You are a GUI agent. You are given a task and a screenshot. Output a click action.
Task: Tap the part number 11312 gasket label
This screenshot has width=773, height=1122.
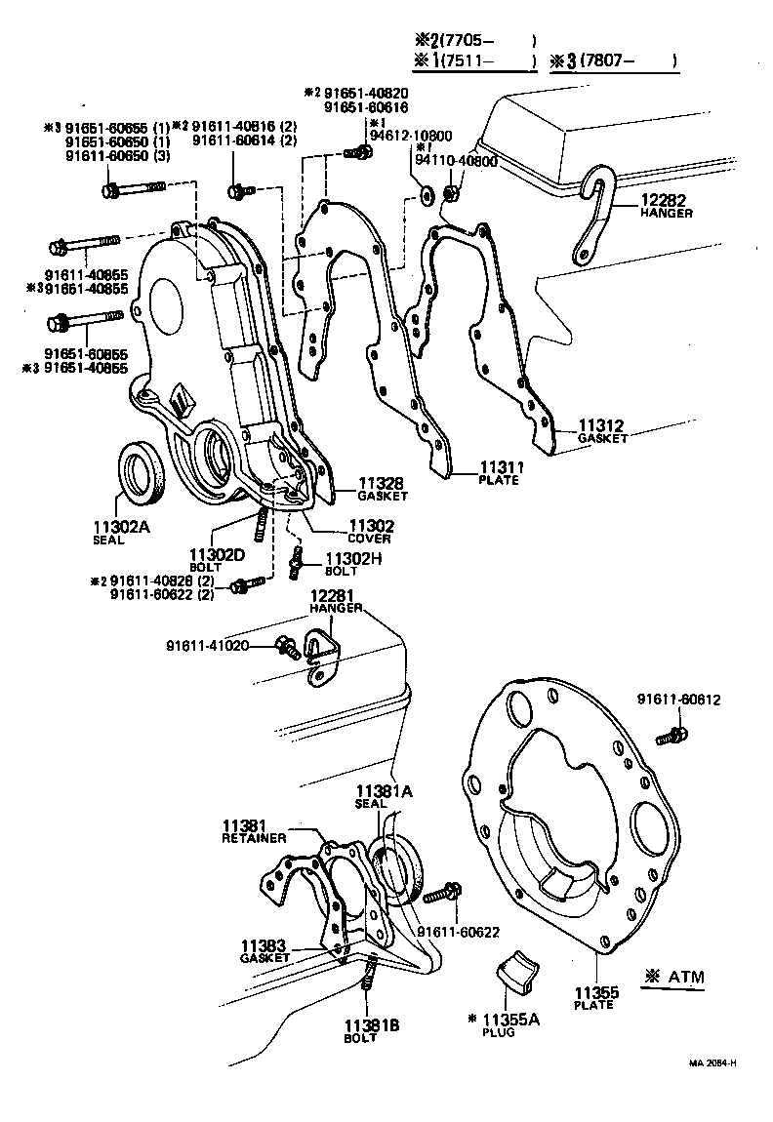click(x=602, y=426)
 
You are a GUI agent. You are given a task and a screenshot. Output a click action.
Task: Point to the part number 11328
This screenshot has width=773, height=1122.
click(x=382, y=483)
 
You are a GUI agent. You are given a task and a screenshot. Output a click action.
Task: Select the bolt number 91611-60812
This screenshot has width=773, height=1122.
click(x=679, y=700)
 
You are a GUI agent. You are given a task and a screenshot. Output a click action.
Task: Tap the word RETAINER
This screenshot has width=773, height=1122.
click(x=254, y=838)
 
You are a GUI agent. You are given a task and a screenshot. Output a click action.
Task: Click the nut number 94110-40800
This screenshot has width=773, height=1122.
click(x=456, y=161)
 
